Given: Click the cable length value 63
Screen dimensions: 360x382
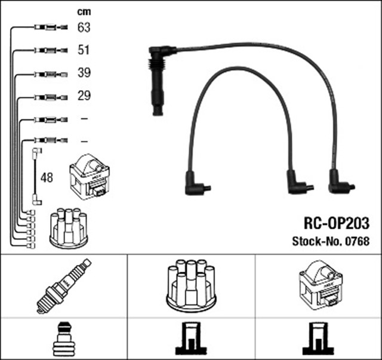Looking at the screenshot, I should click(x=84, y=27).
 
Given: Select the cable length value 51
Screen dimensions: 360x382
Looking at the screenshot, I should click(x=84, y=50).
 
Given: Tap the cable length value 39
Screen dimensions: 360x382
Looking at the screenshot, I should click(x=84, y=73).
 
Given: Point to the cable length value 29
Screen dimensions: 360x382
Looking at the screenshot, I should click(x=84, y=96).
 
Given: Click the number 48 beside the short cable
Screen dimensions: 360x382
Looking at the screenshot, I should click(x=46, y=178).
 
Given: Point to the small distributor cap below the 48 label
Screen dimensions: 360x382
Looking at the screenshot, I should click(x=69, y=227).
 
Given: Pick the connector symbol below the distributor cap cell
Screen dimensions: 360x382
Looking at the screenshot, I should click(x=190, y=340).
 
